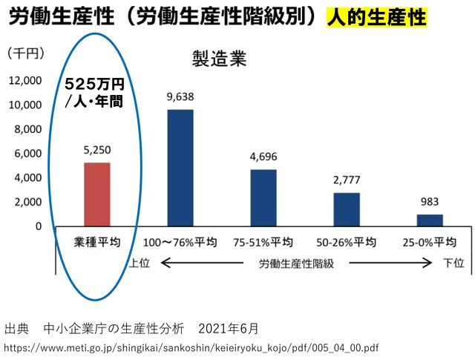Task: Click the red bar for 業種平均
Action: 97,194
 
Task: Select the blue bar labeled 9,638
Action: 180,168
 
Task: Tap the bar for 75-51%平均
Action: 263,197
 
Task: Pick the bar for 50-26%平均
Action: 347,209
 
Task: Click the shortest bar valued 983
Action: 430,220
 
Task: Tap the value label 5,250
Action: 97,151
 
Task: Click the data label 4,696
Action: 263,157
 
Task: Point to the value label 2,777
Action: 347,180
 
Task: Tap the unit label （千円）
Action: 26,53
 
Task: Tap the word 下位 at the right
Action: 453,263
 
